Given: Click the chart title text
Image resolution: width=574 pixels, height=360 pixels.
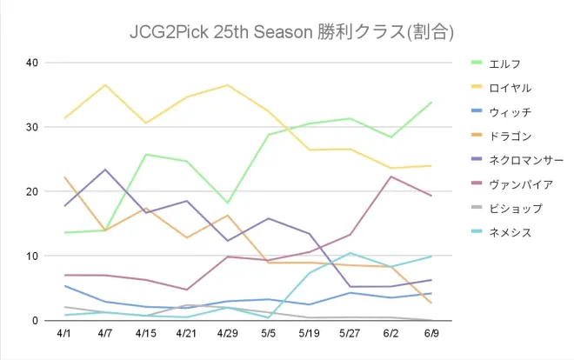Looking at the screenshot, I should click(x=287, y=32).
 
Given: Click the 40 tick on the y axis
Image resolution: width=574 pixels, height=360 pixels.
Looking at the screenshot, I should click(x=32, y=63).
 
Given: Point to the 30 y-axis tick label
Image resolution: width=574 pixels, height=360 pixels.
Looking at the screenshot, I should click(x=32, y=127).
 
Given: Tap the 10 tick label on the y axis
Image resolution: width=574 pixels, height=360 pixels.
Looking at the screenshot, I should click(x=32, y=256).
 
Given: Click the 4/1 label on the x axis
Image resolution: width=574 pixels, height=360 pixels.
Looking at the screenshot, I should click(x=64, y=333).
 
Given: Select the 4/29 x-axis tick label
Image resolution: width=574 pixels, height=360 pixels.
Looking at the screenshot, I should click(x=228, y=333).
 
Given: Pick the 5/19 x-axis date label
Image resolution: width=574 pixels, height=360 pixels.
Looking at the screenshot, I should click(x=310, y=333).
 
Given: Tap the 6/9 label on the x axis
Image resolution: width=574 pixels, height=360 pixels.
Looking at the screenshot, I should click(x=432, y=333).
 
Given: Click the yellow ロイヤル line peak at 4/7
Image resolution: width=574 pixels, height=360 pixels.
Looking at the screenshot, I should click(x=105, y=85).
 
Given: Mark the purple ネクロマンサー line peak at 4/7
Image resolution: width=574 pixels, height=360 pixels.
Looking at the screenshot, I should click(x=105, y=170).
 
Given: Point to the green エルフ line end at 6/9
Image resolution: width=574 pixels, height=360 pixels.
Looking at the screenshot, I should click(x=432, y=103).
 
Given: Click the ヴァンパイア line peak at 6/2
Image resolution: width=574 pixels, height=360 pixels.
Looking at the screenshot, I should click(x=391, y=177).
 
